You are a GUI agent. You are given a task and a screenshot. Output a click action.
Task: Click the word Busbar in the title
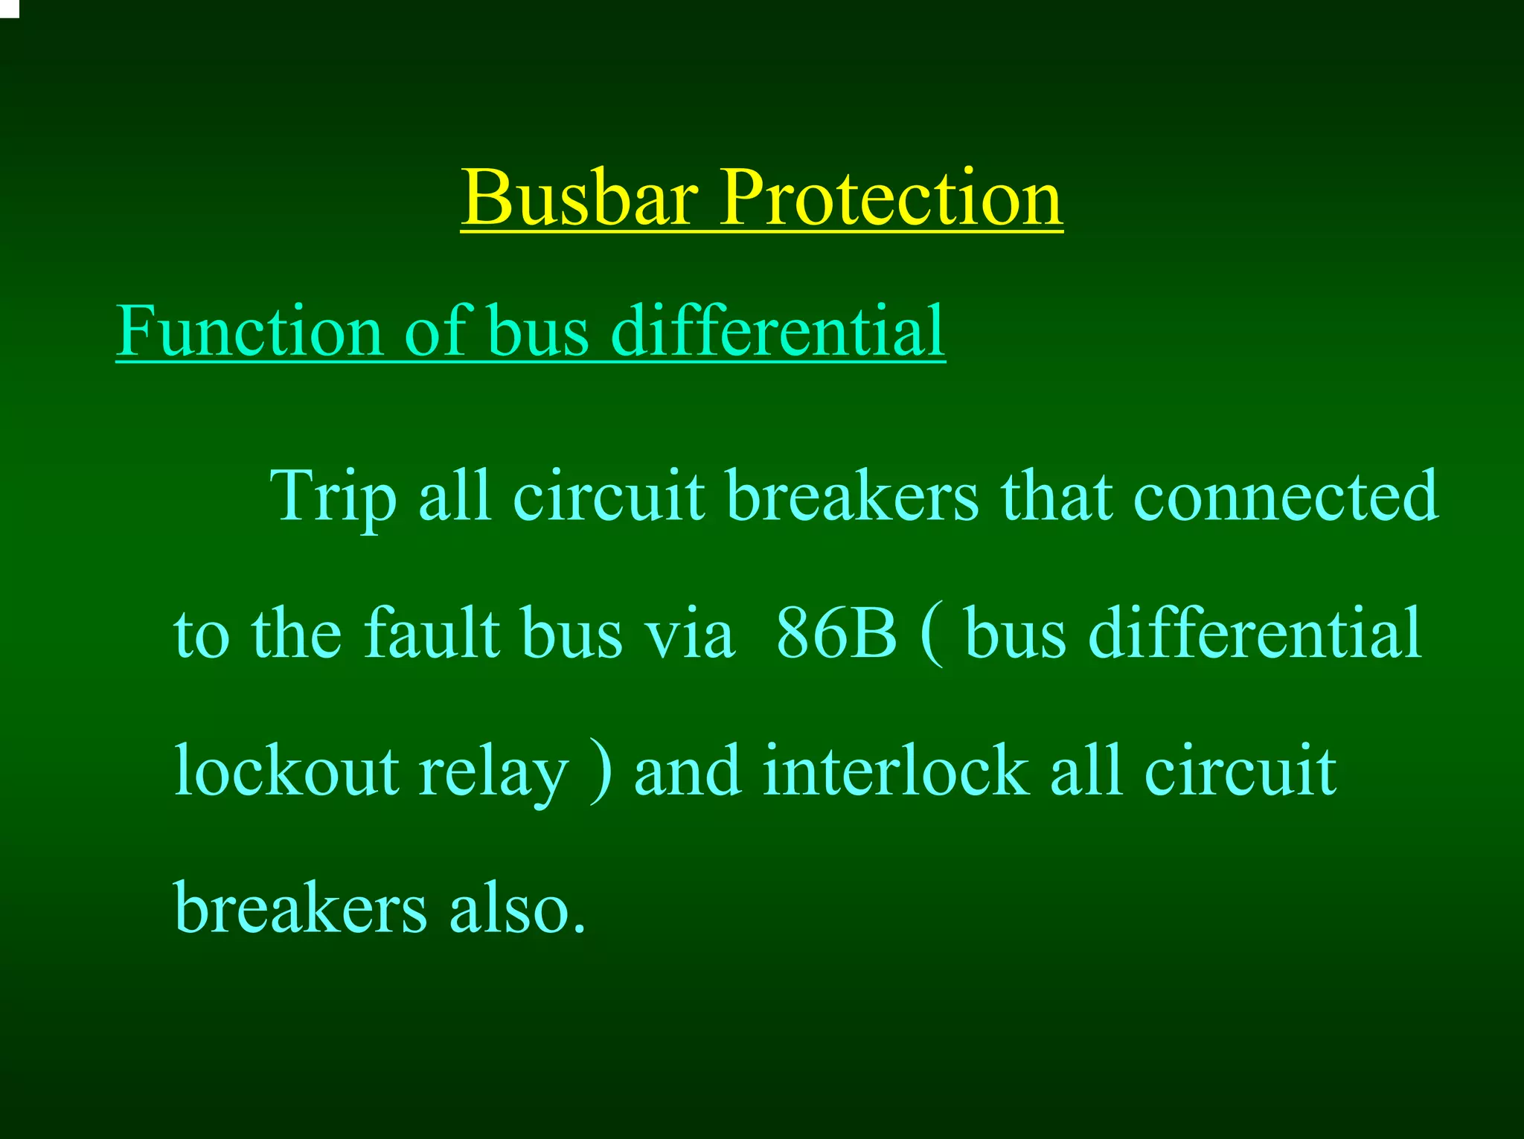click(580, 198)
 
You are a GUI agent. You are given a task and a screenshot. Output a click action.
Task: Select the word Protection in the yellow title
click(891, 198)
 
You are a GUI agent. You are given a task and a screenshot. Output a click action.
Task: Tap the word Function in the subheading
click(249, 331)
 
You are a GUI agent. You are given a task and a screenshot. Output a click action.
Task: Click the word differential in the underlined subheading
click(778, 331)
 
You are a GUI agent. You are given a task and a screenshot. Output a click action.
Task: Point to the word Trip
click(333, 497)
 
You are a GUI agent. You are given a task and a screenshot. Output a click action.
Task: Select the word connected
click(1285, 497)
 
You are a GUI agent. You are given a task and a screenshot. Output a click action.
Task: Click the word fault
click(432, 634)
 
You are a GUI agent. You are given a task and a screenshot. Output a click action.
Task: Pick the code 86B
click(836, 634)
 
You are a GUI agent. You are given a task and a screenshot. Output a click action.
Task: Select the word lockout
click(286, 771)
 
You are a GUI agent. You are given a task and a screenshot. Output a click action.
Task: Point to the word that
click(1056, 497)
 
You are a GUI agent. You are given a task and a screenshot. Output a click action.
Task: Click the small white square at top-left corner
click(8, 7)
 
